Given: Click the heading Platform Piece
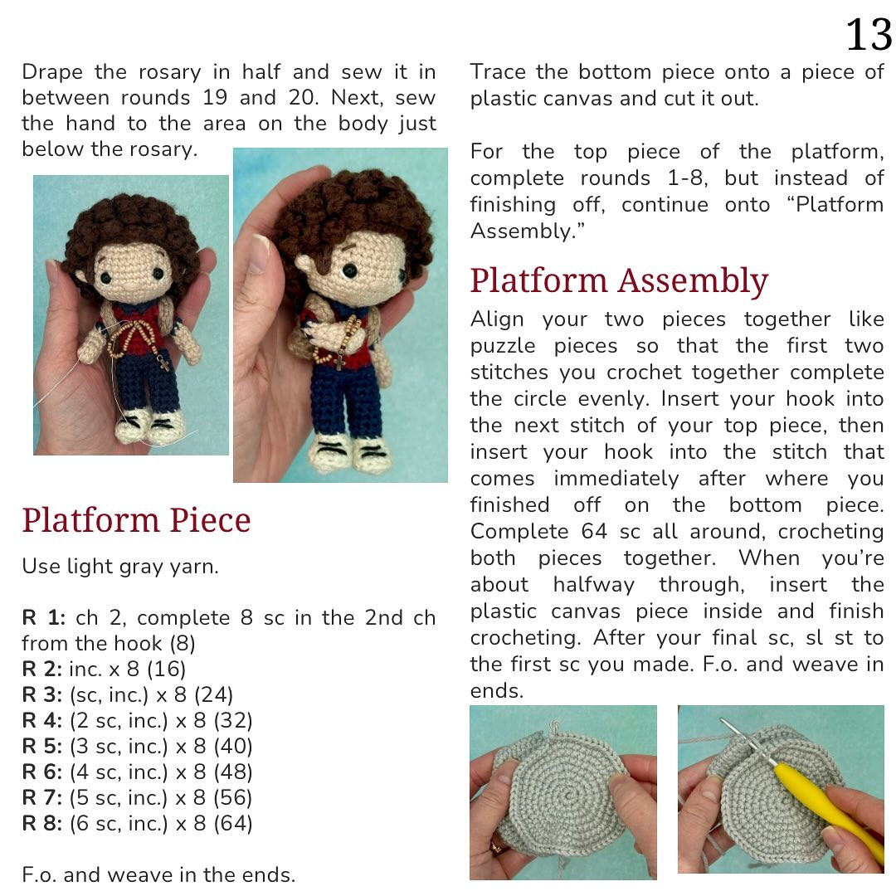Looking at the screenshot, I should [136, 520].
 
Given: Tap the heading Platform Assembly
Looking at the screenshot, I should [619, 281].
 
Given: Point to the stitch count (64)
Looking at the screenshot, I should [232, 824].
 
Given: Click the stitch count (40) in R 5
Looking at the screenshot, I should [232, 747].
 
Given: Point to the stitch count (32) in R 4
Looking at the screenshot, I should [232, 721].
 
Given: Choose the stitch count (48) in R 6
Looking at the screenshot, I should [232, 772].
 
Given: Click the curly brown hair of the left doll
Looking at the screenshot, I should [133, 224].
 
